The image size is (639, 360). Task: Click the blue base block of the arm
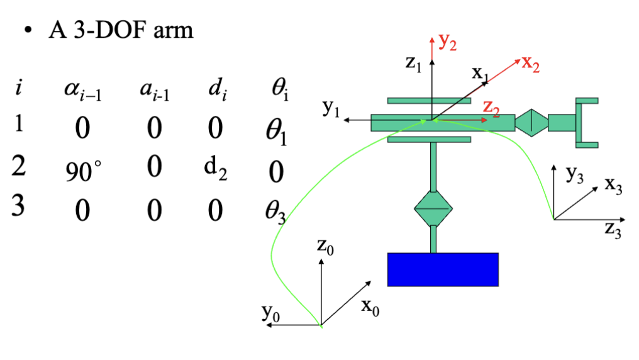[x=443, y=269]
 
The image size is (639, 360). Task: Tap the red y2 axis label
[x=448, y=42]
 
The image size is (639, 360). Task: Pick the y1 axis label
[x=331, y=109]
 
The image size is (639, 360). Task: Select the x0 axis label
[x=370, y=307]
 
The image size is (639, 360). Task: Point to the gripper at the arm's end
[x=586, y=123]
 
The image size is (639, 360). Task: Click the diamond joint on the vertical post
[x=433, y=207]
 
